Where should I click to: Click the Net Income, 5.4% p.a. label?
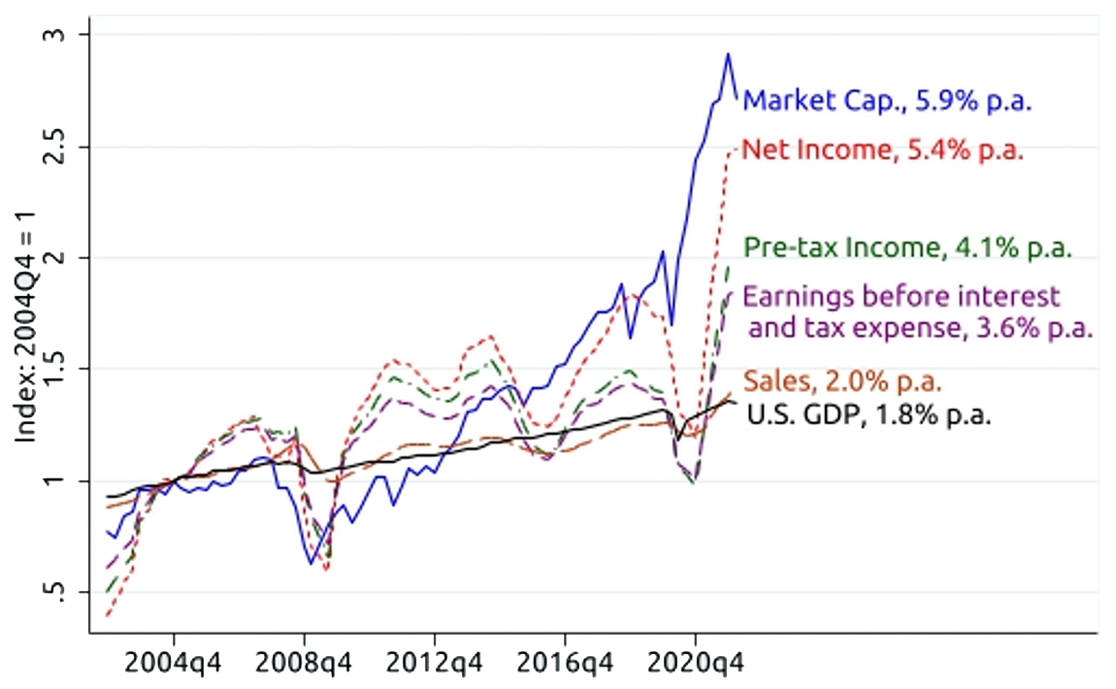[x=882, y=150]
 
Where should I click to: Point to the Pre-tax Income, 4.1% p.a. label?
[x=908, y=247]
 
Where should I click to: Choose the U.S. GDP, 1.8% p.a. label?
[x=869, y=415]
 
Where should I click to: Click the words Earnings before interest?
[x=902, y=295]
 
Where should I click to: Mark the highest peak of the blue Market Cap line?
[x=728, y=54]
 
